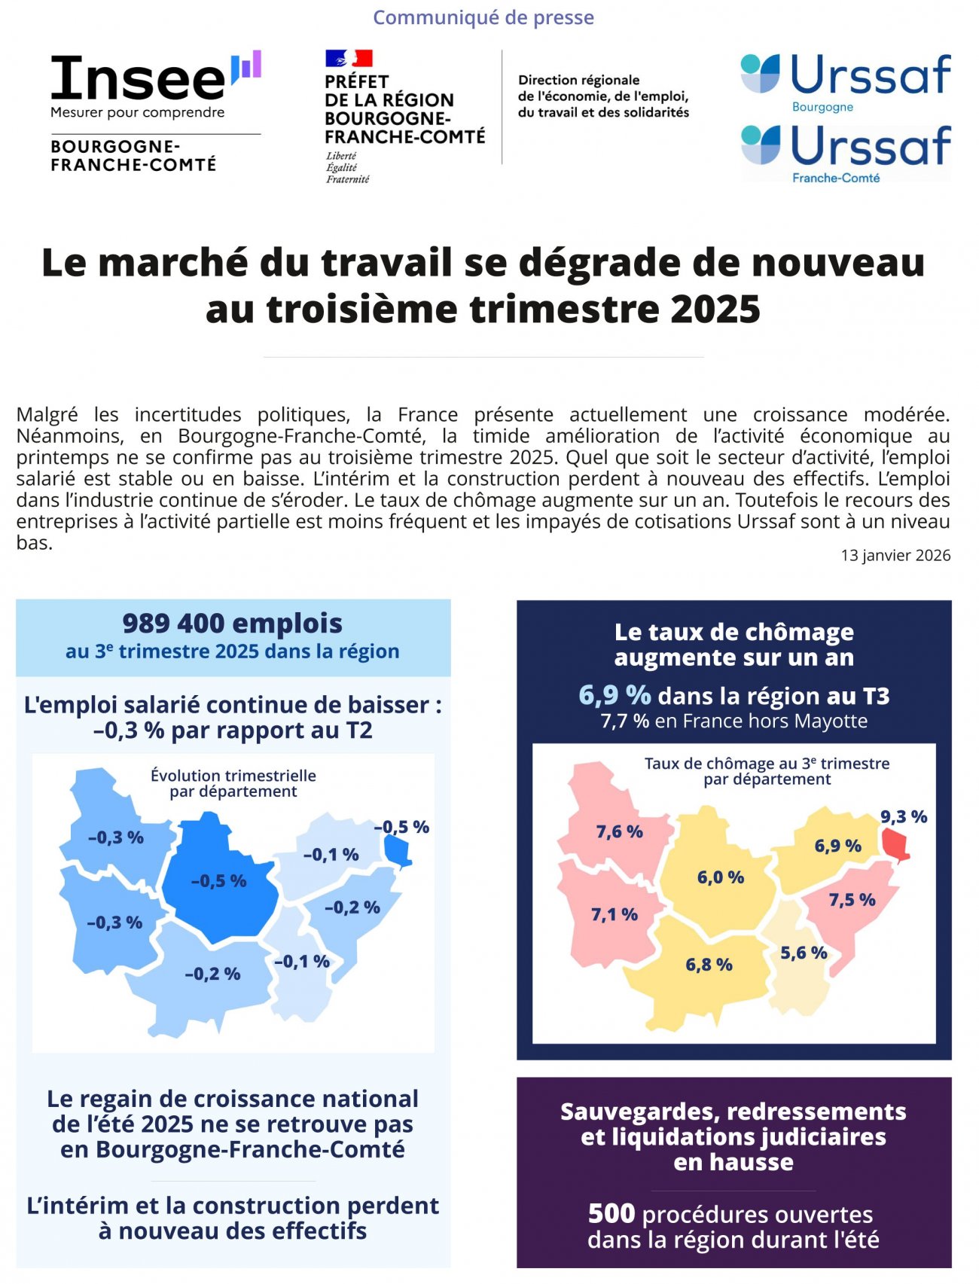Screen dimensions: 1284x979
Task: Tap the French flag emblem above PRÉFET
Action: pos(349,58)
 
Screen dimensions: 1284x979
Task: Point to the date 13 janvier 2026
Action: pos(895,555)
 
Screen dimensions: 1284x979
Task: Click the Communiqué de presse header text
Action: pos(483,17)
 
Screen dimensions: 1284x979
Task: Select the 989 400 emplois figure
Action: pos(232,624)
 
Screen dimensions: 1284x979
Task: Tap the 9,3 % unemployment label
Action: pos(904,816)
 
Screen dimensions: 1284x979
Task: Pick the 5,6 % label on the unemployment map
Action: pos(804,953)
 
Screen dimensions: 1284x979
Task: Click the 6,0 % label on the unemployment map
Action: pos(721,877)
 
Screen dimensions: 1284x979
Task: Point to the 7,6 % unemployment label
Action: pos(619,831)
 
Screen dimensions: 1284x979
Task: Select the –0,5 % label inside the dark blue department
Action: pos(218,880)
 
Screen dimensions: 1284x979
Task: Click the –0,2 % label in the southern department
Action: pos(212,974)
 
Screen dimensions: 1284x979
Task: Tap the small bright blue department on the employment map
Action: pos(397,851)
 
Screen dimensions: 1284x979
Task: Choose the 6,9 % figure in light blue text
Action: pos(615,695)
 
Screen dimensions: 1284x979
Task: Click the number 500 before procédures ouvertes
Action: pos(611,1213)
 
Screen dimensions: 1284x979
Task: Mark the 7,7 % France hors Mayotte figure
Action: pos(624,721)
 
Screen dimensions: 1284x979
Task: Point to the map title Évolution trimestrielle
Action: pos(233,775)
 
